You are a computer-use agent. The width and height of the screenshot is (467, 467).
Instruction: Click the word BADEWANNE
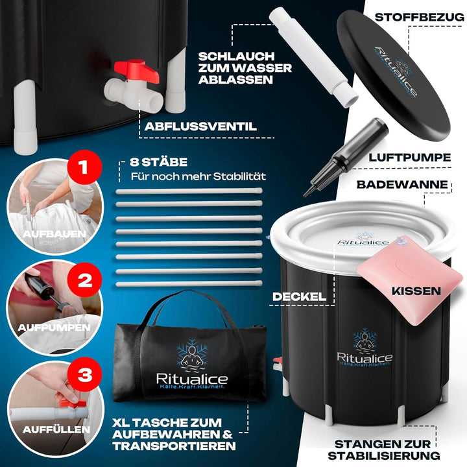click(x=403, y=185)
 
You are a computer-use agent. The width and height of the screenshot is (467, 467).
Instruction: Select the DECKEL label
click(x=300, y=296)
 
